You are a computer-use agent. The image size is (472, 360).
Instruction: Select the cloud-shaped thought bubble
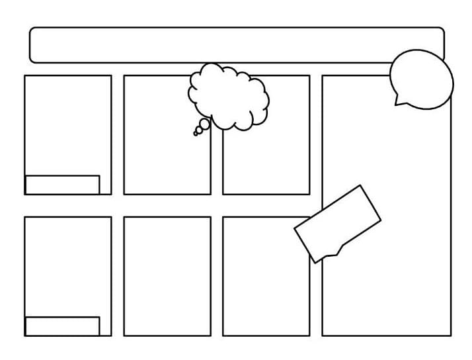point(229,97)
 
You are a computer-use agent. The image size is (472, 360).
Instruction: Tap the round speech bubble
point(422,79)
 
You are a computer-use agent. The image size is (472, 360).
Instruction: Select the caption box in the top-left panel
point(62,185)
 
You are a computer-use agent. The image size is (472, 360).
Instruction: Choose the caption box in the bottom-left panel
point(62,326)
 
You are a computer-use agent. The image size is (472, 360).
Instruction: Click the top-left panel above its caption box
point(67,124)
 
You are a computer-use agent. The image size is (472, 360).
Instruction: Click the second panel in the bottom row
point(167,276)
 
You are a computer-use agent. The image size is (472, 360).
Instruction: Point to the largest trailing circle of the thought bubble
point(205,124)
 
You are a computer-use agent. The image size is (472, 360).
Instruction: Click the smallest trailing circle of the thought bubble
point(195,134)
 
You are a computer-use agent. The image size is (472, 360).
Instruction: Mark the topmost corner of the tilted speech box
point(361,186)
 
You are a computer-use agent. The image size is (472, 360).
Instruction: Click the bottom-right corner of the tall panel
point(451,336)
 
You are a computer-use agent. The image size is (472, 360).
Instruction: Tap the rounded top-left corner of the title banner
point(33,30)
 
